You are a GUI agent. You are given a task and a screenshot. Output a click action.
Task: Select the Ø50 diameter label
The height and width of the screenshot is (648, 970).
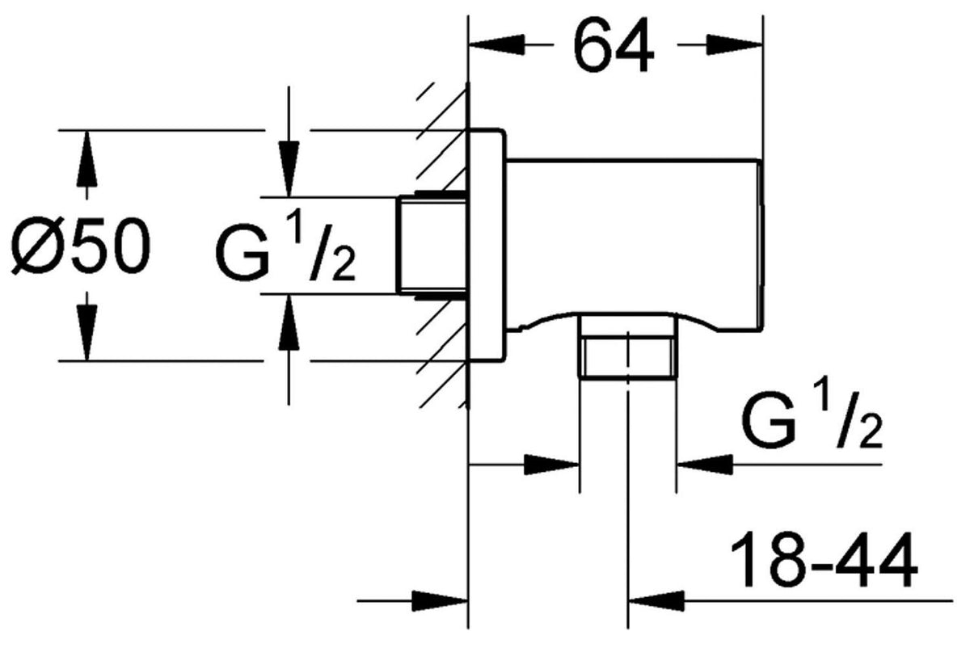[x=81, y=245]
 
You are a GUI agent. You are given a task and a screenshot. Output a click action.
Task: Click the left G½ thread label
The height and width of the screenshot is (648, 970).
[x=285, y=252]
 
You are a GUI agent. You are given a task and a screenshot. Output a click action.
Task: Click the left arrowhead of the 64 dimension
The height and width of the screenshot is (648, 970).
[x=496, y=44]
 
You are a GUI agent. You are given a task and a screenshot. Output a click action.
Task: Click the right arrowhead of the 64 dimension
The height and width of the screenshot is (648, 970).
[x=734, y=44]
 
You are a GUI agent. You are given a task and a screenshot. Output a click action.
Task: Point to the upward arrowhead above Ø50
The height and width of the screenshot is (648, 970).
[x=87, y=159]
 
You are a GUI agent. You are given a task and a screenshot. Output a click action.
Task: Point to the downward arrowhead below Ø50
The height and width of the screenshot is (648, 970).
[x=87, y=332]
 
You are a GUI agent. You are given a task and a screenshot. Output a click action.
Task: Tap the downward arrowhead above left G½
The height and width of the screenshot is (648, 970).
[x=289, y=169]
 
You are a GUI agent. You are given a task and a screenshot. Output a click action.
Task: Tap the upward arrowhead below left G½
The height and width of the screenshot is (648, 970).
[x=289, y=322]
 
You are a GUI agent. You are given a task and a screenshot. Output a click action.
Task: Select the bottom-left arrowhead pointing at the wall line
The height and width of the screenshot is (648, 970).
[x=440, y=601]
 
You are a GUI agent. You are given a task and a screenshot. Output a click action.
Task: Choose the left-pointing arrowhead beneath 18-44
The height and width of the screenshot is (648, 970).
[x=656, y=601]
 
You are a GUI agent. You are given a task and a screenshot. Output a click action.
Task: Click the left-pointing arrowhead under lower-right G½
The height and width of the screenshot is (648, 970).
[x=705, y=465]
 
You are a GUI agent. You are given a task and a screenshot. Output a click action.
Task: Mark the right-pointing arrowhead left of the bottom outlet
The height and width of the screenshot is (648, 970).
[x=551, y=465]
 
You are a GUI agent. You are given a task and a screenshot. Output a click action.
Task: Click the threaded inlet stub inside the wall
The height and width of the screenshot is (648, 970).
[x=432, y=245]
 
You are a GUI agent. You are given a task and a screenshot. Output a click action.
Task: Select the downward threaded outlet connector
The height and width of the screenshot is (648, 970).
[x=628, y=347]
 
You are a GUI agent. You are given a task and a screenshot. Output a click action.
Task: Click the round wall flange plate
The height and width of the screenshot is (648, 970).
[x=487, y=245]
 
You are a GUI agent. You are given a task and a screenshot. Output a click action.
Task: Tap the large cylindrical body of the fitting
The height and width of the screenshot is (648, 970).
[x=634, y=246]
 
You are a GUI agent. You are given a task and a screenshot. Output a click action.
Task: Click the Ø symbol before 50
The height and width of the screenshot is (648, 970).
[x=36, y=245]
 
